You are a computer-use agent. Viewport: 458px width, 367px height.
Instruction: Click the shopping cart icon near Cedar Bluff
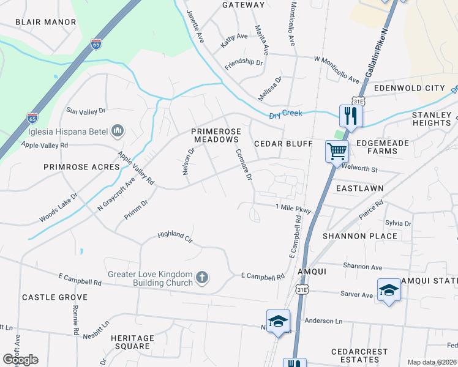point(337,150)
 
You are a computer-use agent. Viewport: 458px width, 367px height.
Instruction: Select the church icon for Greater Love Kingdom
point(202,279)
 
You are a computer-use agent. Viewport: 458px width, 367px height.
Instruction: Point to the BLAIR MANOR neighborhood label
point(45,22)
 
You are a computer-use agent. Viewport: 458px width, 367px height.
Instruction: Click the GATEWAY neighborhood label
point(243,5)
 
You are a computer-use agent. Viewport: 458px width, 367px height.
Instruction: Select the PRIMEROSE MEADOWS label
point(214,135)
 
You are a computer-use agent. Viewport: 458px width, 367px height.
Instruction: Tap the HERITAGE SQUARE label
point(132,342)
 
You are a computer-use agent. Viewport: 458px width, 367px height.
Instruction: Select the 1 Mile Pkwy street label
point(293,209)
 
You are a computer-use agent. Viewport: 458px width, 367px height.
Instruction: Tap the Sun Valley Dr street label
point(86,111)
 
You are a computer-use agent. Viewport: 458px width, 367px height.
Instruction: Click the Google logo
point(20,360)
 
